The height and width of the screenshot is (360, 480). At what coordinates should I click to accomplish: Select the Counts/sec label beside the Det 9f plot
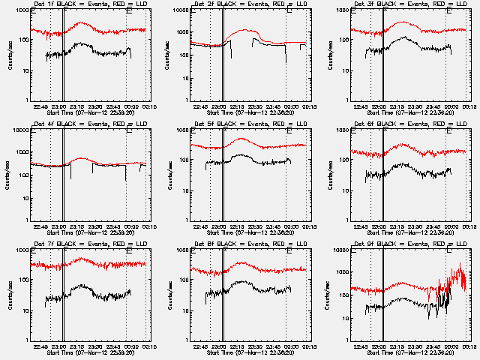(x=329, y=295)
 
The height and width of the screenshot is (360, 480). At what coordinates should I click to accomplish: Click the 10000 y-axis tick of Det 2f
(x=179, y=10)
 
